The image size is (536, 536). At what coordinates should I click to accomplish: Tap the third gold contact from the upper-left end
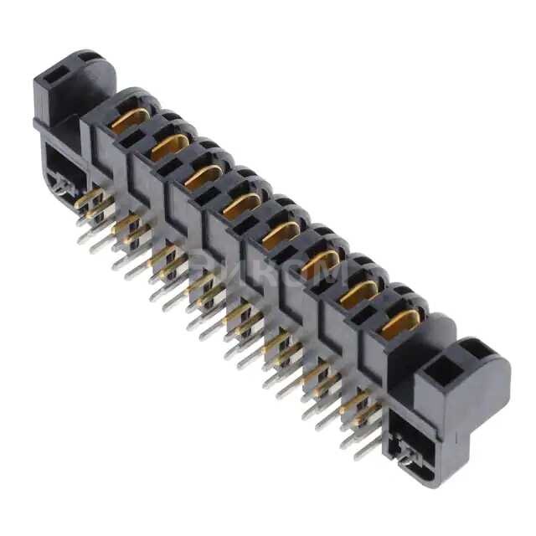(x=204, y=175)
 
